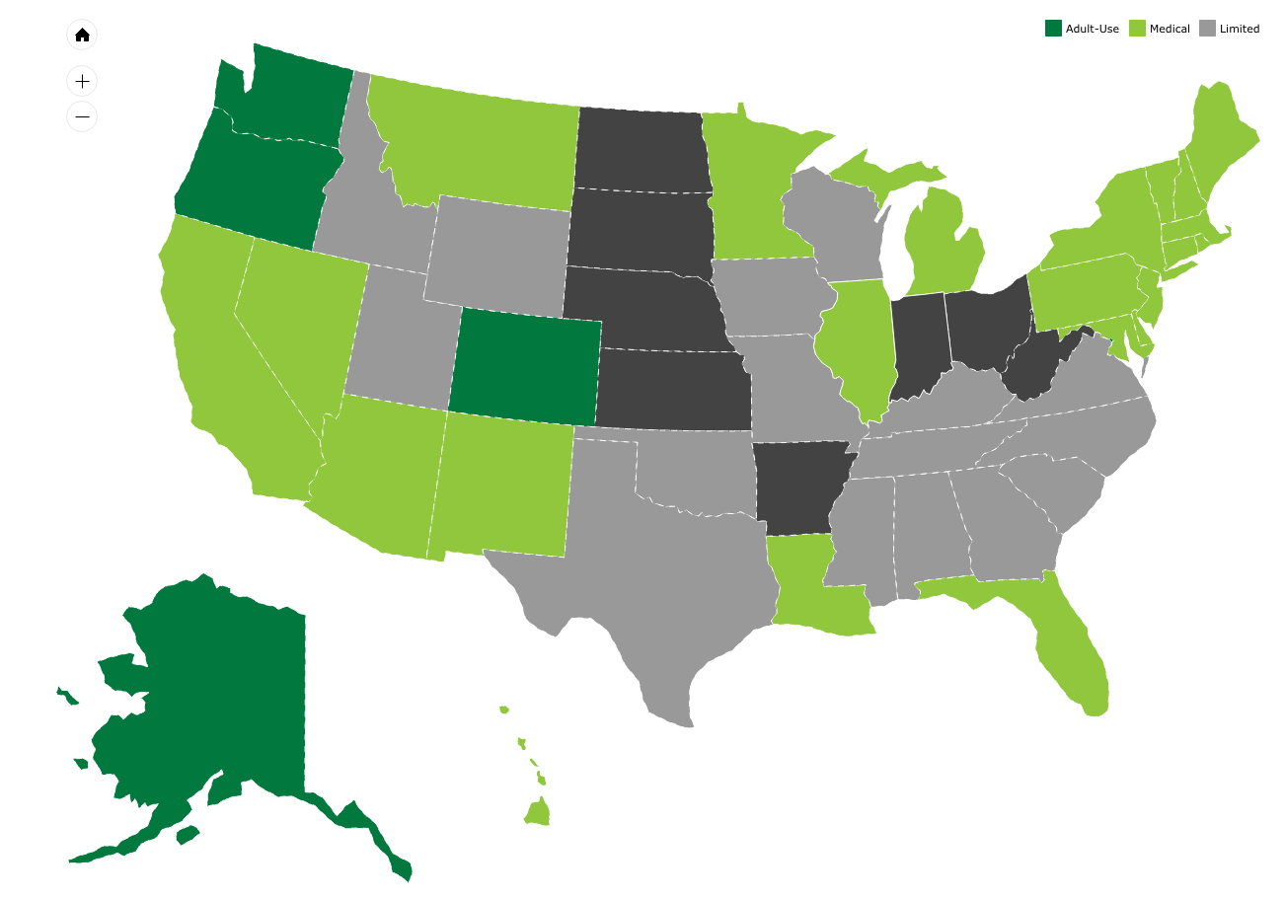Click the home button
pos(82,36)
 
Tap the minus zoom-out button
pos(82,116)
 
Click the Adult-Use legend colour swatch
pos(1053,29)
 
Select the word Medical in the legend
pos(1170,29)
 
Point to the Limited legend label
pos(1239,29)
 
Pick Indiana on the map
pos(918,345)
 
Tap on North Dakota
pos(642,148)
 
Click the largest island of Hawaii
pos(538,814)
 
